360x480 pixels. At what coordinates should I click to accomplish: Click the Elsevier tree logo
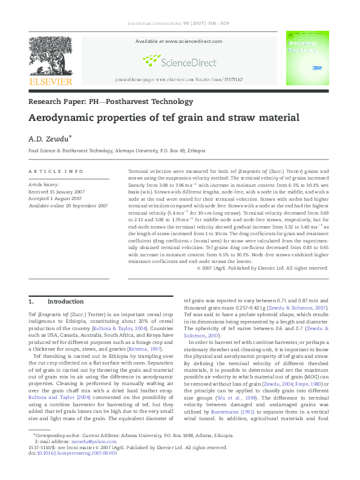50,56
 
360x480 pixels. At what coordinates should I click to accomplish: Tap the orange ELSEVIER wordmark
50,82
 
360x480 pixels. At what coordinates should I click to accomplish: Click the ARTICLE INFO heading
56,172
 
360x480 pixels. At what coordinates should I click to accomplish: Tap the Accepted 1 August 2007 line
56,198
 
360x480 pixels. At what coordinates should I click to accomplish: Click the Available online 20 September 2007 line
68,206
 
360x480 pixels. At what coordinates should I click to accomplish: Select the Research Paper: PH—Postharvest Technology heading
111,102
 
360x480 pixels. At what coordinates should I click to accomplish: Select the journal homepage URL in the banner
178,79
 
